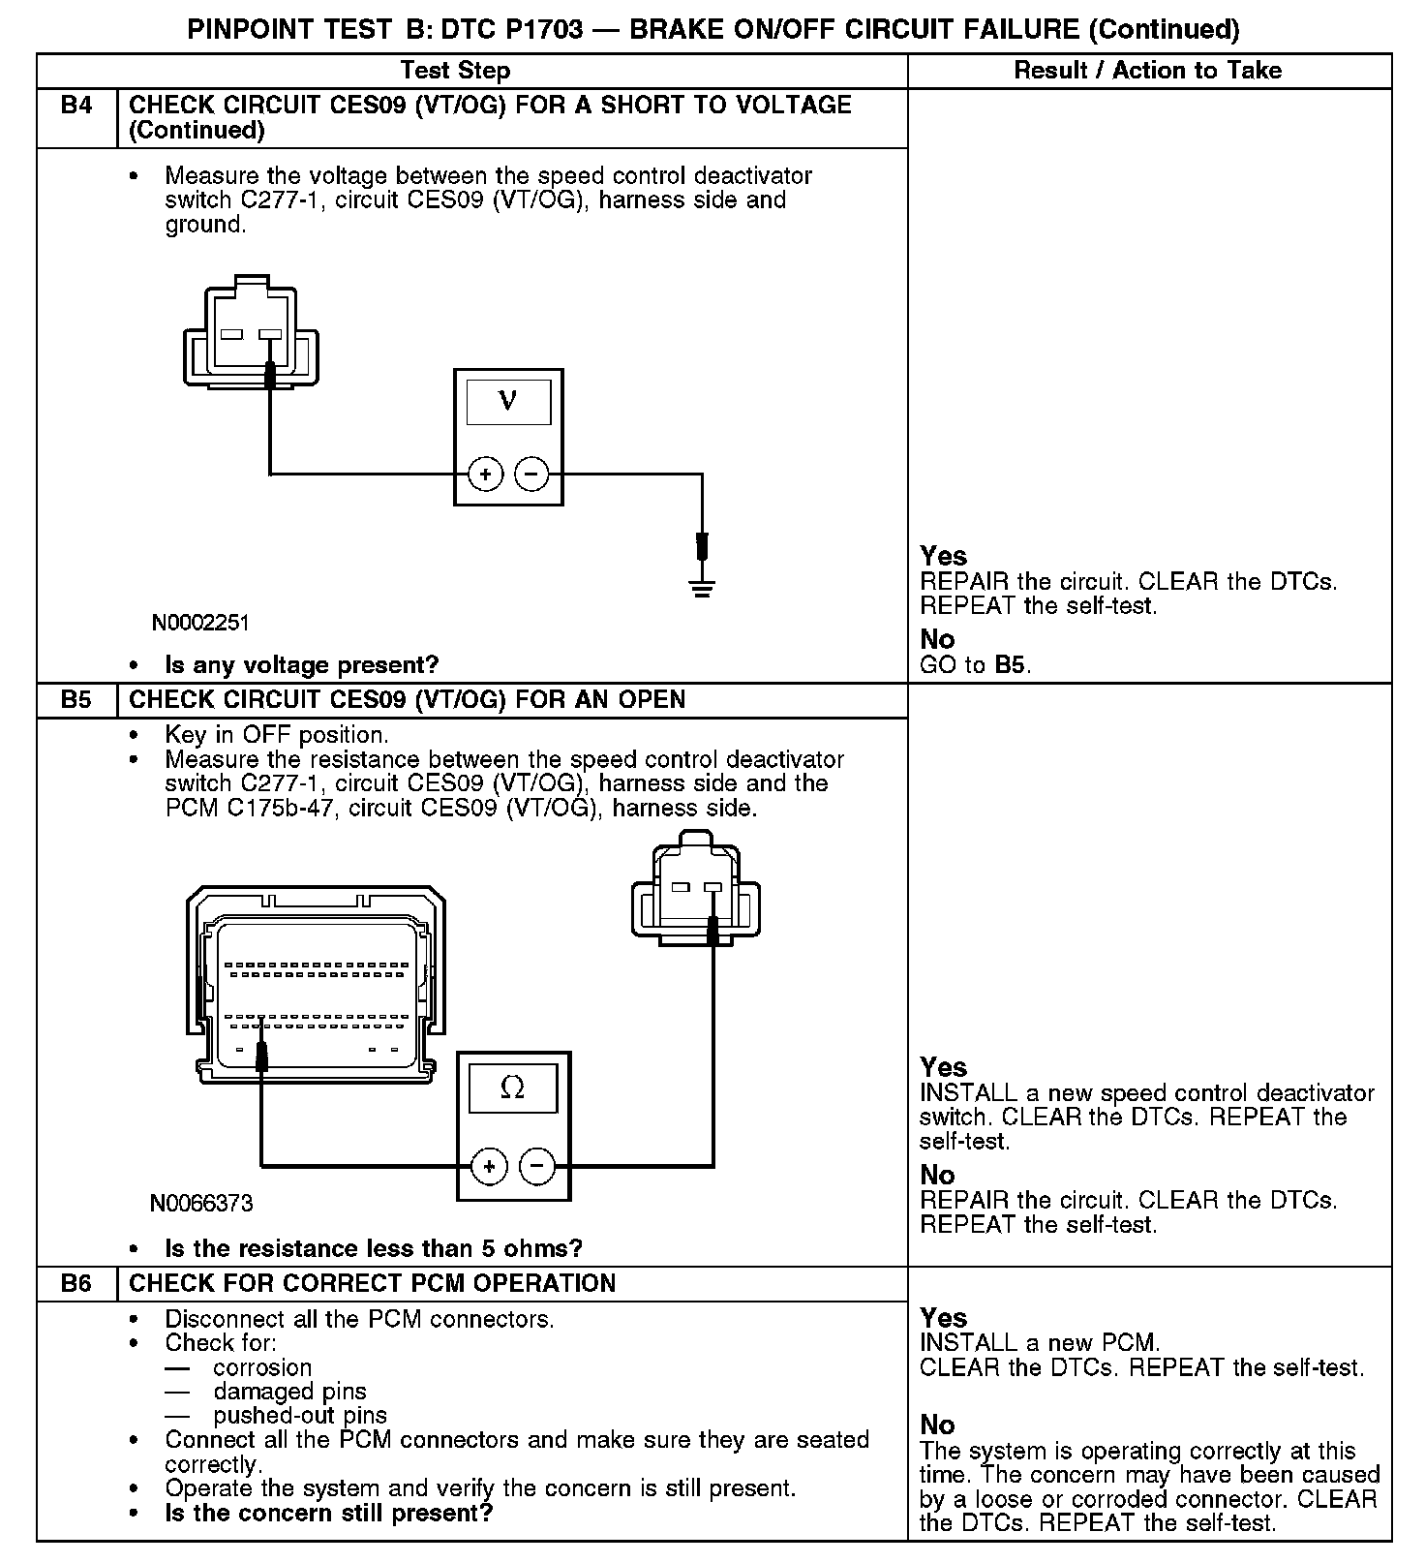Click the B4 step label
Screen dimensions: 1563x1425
coord(76,106)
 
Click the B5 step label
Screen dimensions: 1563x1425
coord(76,700)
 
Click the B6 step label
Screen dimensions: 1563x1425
coord(76,1284)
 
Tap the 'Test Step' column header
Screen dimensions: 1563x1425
coord(455,71)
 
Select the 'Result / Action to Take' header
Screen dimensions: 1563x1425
coord(1147,71)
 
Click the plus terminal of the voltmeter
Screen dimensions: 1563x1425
coord(485,475)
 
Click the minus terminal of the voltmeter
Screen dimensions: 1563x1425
coord(531,475)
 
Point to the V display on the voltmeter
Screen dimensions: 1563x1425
coord(508,401)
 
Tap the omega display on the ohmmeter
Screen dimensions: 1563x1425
coord(513,1088)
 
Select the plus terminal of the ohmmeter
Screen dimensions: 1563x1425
coord(489,1166)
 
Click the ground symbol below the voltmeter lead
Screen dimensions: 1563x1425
coord(702,587)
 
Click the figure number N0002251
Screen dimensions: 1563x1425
coord(200,624)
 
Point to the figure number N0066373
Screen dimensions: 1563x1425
coord(201,1204)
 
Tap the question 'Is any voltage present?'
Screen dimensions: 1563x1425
coord(301,665)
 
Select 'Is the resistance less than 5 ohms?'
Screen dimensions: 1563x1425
coord(374,1248)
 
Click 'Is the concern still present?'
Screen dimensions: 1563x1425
coord(328,1513)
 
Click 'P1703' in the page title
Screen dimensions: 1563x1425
coord(538,30)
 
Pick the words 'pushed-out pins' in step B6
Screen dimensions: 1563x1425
coord(300,1416)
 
